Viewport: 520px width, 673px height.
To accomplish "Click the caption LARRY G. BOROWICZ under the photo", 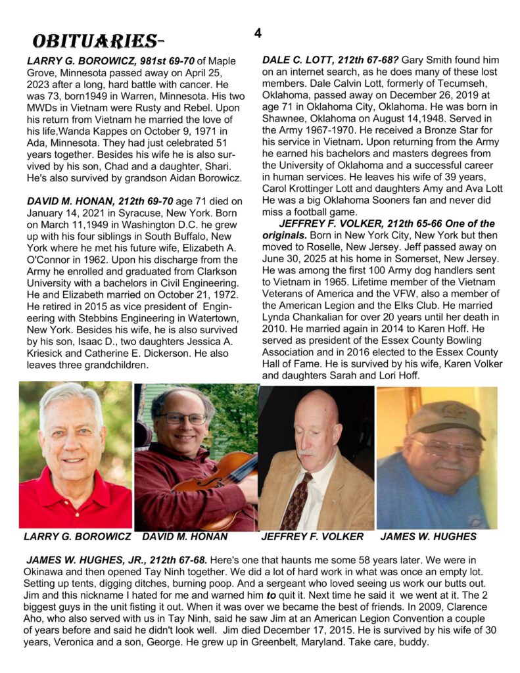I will pos(77,536).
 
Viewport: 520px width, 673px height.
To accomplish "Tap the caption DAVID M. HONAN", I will pos(185,536).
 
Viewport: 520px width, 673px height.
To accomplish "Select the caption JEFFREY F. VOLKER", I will pos(312,536).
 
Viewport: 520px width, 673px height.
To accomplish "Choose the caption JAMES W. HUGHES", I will pos(429,536).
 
